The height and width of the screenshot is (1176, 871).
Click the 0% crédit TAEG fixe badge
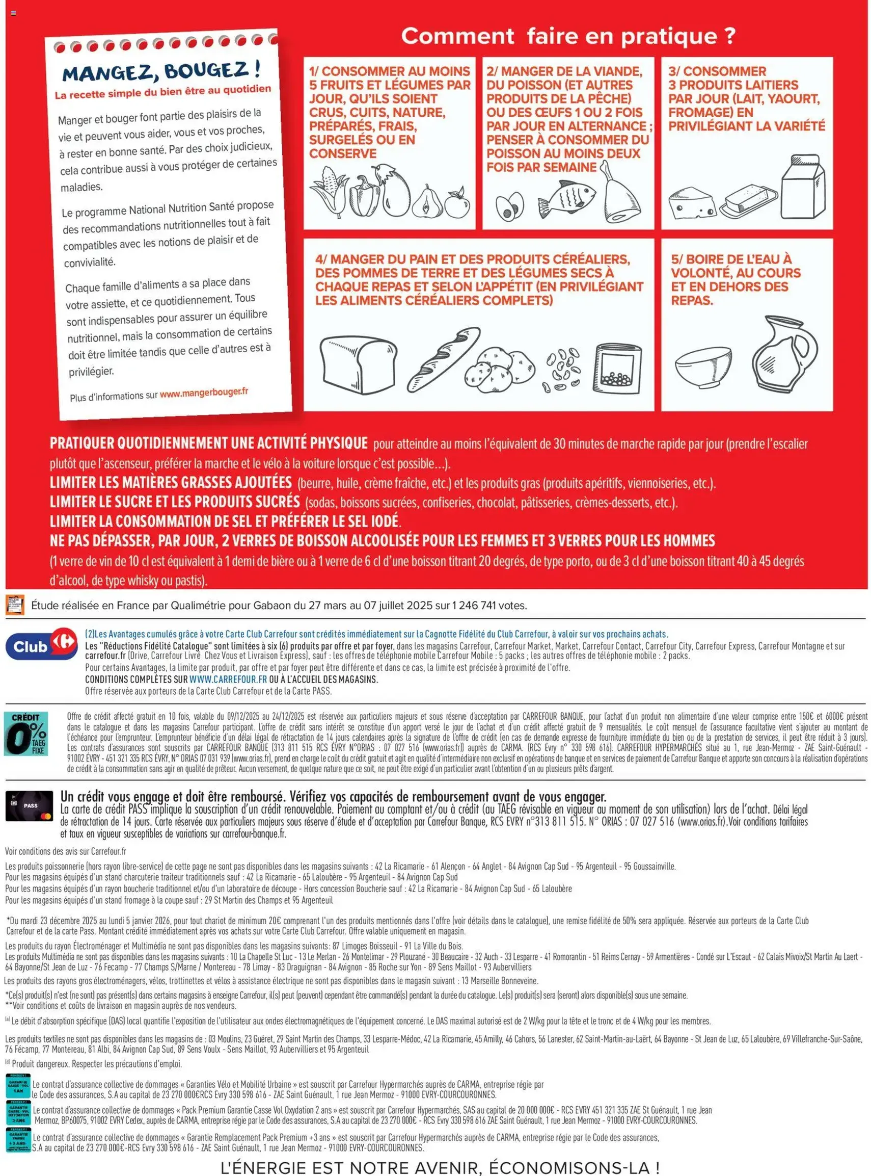pos(26,734)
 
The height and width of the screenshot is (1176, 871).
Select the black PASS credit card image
pos(30,805)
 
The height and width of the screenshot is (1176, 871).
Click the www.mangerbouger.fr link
pos(204,393)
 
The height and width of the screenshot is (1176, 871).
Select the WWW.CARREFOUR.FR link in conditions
pos(228,680)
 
